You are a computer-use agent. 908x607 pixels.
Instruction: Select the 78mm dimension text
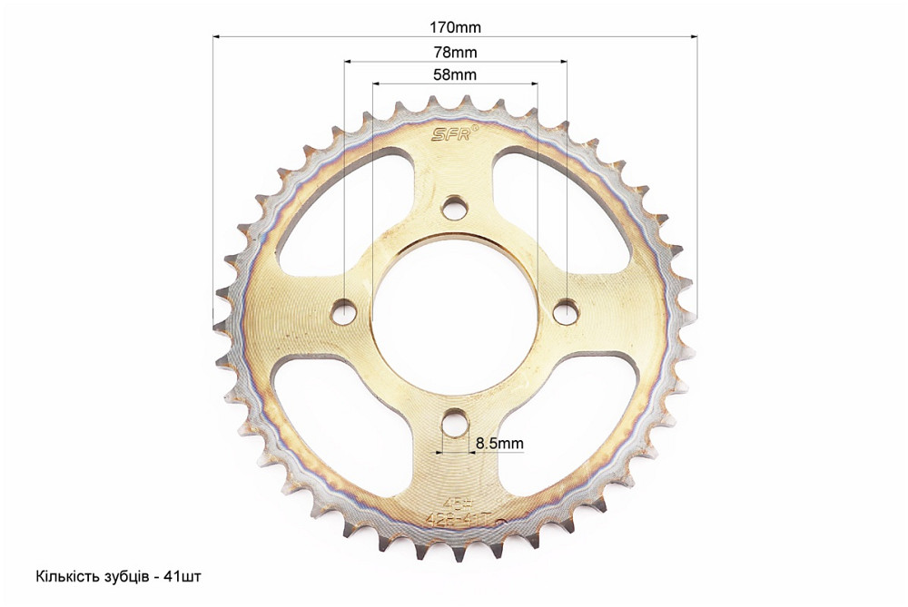[455, 52]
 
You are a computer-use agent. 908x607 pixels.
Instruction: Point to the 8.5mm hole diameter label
[499, 444]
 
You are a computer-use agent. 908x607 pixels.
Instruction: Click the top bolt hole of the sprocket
[455, 209]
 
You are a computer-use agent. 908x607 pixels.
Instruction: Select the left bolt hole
[345, 311]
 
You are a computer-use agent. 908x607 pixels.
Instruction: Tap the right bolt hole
[566, 311]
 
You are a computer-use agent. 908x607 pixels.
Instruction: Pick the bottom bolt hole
[455, 422]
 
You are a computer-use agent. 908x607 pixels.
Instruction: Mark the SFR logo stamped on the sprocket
[449, 134]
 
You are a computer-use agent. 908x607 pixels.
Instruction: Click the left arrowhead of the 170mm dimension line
[217, 36]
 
